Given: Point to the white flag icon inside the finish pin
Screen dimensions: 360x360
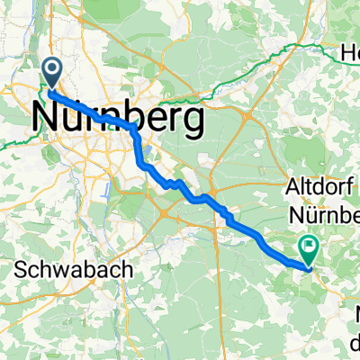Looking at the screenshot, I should point(310,243).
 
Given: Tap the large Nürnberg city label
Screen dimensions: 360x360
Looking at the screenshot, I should point(116,116).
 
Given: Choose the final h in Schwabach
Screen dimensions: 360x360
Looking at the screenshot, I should point(126,269).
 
